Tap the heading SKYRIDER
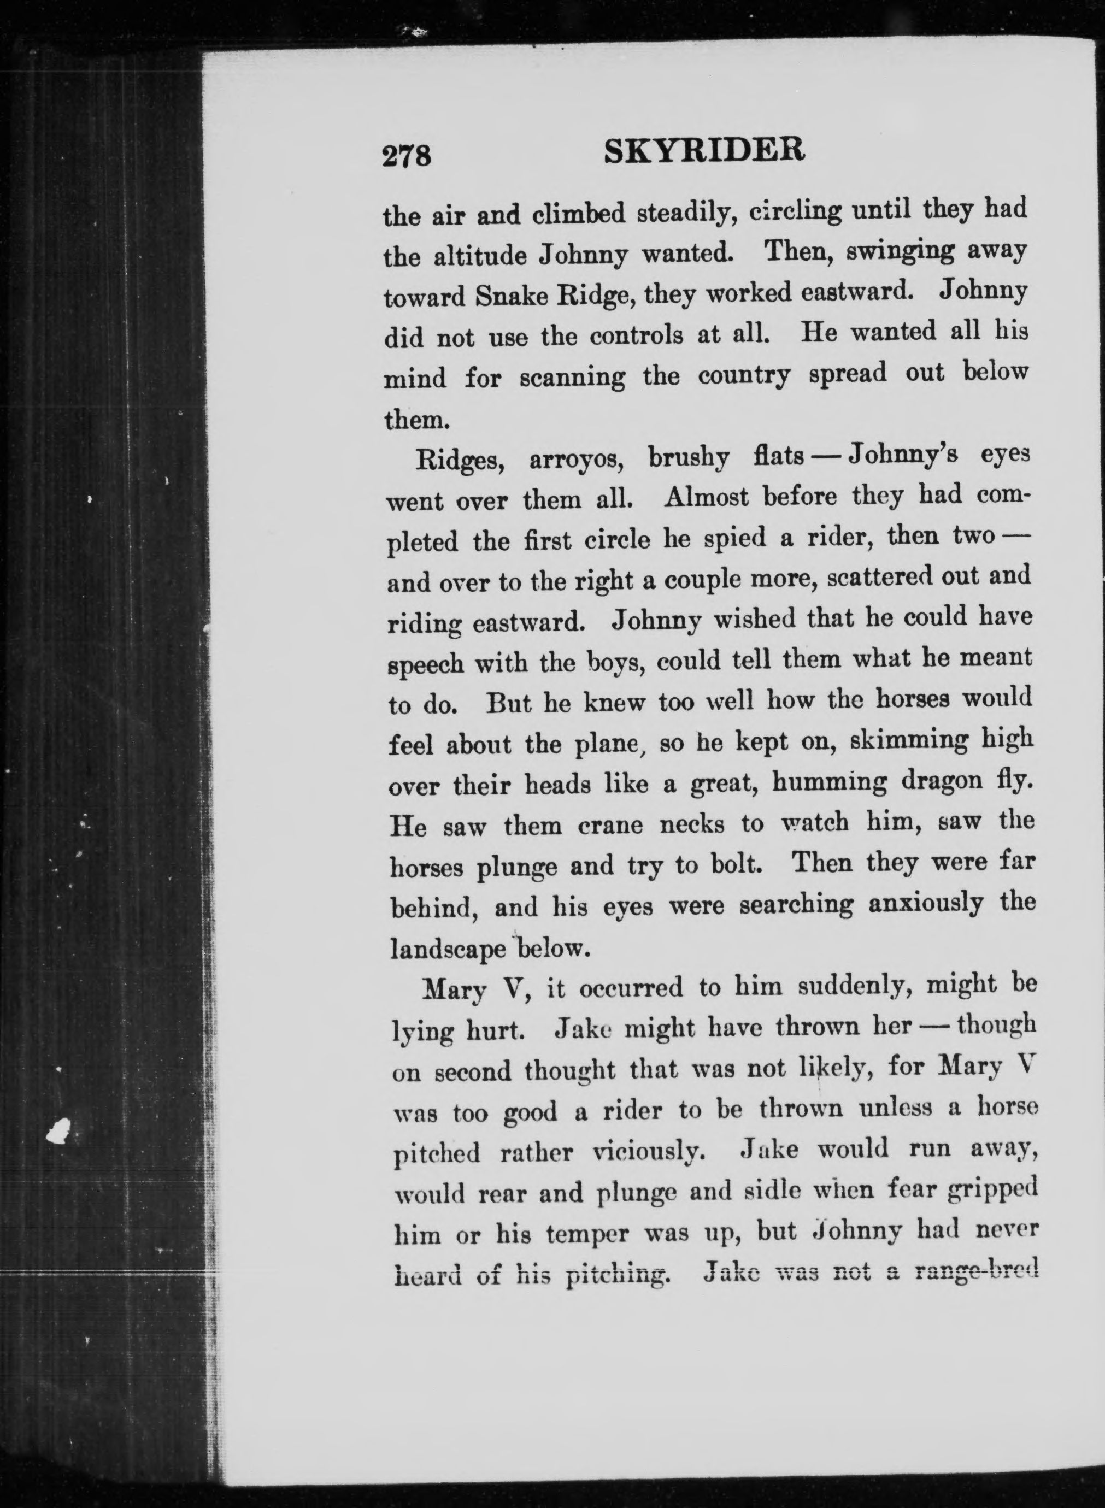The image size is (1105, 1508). pos(704,152)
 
